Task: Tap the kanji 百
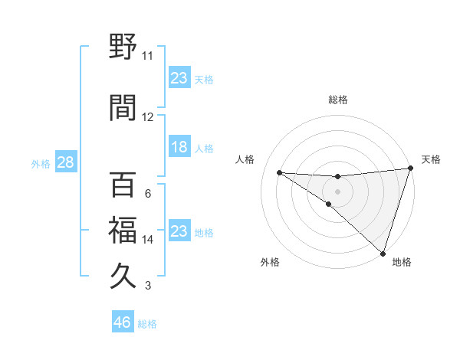click(123, 187)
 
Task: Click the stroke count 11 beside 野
click(148, 56)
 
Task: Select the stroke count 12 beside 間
click(148, 116)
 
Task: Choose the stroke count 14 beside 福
click(148, 240)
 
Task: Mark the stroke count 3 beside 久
click(148, 286)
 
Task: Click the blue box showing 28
click(64, 162)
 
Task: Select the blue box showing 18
click(179, 147)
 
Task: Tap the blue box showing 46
click(123, 322)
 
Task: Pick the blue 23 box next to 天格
click(179, 77)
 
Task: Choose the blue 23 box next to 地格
click(179, 231)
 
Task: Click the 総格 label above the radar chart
click(338, 100)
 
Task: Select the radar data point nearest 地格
click(383, 253)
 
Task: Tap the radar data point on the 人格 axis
click(279, 172)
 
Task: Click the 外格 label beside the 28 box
click(41, 163)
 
